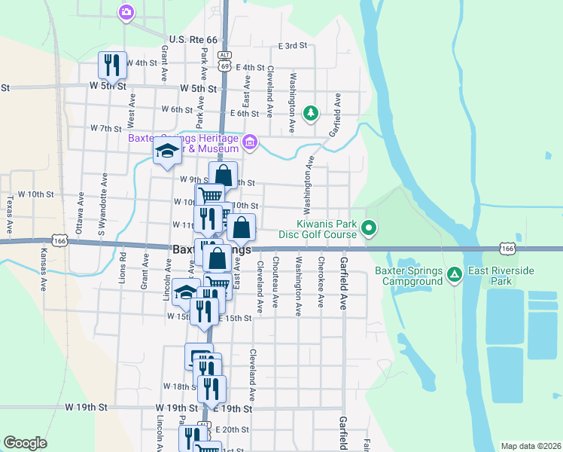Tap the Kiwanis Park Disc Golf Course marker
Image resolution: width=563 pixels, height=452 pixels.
tap(369, 227)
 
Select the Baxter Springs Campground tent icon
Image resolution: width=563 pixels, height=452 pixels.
tap(454, 273)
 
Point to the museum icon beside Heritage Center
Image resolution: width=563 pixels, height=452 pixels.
tap(250, 141)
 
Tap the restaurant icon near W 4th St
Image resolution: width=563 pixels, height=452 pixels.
tap(112, 64)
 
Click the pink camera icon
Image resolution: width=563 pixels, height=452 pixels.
tap(126, 11)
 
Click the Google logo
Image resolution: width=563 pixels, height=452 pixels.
tap(25, 442)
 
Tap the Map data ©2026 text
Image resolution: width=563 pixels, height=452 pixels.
tap(531, 446)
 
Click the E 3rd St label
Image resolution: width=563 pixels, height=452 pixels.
tap(293, 46)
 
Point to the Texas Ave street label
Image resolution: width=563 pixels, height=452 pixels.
tap(11, 215)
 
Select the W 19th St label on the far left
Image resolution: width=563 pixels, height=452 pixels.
tap(87, 407)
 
